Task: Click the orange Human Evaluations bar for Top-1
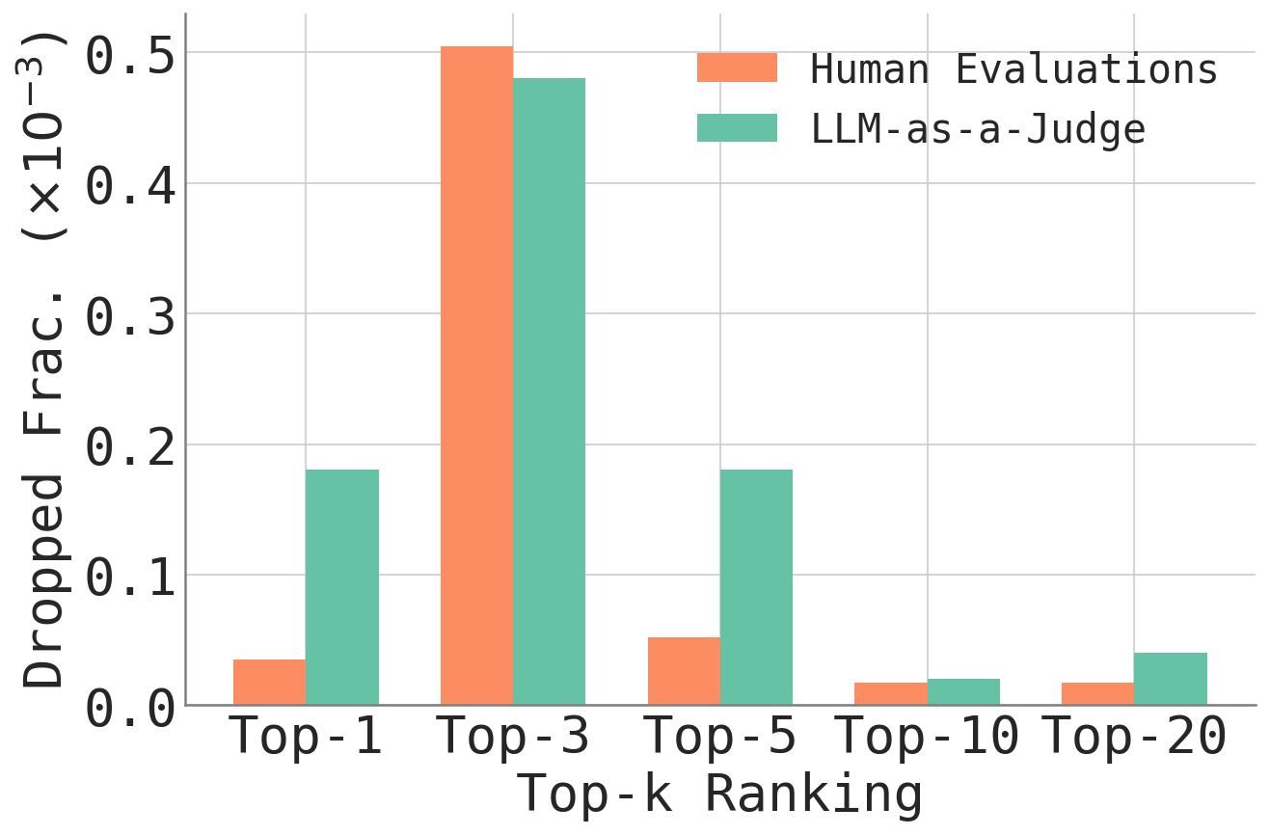coord(269,682)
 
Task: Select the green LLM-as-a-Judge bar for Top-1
coord(342,587)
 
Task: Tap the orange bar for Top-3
coord(476,376)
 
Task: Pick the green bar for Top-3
coord(549,391)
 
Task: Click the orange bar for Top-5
coord(684,671)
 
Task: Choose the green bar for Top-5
coord(756,587)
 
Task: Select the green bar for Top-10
coord(963,691)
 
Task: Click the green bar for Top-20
coord(1171,679)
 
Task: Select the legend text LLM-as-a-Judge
coord(978,128)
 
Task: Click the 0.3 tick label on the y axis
coord(131,315)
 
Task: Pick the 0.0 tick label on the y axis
coord(131,708)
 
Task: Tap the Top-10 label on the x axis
coord(927,739)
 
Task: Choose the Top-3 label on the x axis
coord(513,739)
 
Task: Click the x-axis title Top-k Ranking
coord(719,795)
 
